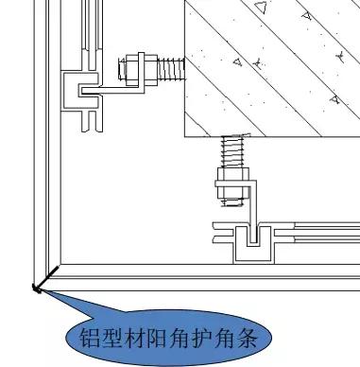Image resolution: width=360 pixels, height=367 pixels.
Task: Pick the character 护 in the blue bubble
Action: [208, 337]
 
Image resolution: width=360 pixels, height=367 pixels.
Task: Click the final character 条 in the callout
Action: [257, 337]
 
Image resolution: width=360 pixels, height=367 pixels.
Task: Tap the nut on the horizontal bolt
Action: [134, 70]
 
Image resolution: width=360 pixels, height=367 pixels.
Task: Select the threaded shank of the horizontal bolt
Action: [170, 69]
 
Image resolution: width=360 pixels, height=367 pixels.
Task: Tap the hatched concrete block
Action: [274, 66]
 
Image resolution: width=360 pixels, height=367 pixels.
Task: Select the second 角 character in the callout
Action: [232, 337]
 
